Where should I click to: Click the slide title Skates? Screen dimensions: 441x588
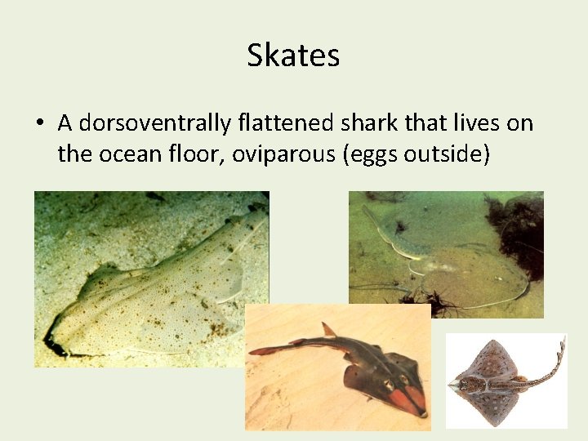pyautogui.click(x=293, y=56)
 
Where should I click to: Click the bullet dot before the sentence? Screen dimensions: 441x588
pyautogui.click(x=40, y=124)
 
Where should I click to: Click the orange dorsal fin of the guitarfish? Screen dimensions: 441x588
pyautogui.click(x=328, y=329)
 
